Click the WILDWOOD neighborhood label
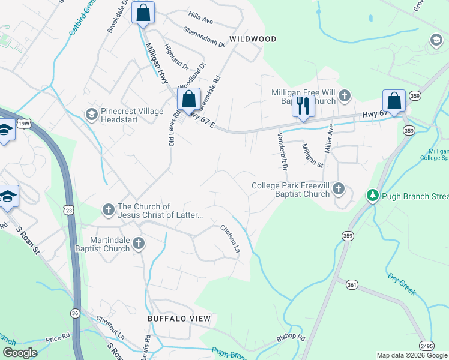coord(253,39)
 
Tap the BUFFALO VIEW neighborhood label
coord(179,319)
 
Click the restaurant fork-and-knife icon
coord(303,106)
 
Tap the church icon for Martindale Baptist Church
coord(139,243)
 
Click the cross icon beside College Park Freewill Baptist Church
coord(339,190)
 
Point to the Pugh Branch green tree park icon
coord(372,196)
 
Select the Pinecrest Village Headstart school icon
coord(91,114)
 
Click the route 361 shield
coord(352,283)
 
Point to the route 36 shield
coord(75,313)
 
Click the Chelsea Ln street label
coord(230,238)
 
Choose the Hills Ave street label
coord(200,20)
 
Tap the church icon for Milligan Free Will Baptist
coord(345,95)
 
